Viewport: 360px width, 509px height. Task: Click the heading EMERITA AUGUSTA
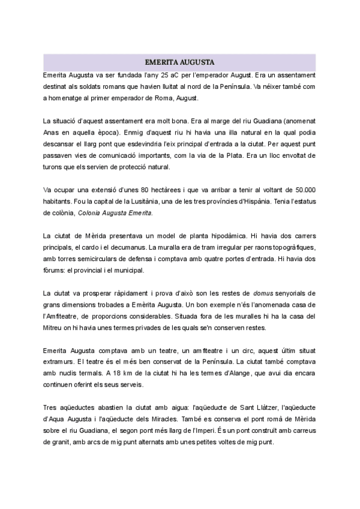tap(180, 62)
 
